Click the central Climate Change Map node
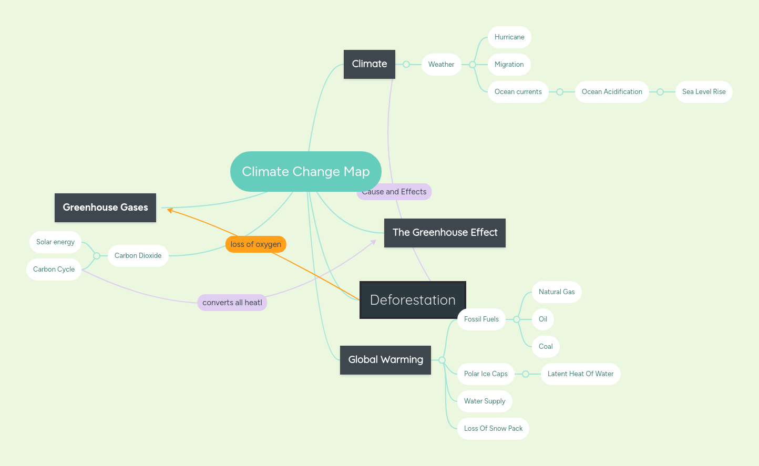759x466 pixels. point(305,172)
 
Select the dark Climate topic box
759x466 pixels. point(369,64)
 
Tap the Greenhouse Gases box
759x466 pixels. point(105,208)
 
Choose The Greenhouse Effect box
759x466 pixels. point(445,233)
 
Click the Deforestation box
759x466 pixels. point(413,300)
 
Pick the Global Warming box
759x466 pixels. point(385,360)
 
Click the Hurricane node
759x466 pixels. point(509,37)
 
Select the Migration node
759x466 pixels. point(509,65)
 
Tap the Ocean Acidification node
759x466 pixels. point(612,92)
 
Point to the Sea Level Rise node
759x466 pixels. point(704,92)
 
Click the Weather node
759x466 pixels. point(441,65)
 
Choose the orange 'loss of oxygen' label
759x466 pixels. point(256,244)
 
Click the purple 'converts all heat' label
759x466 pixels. point(232,303)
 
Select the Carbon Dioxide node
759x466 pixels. point(138,256)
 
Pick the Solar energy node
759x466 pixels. point(55,242)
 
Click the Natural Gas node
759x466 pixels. point(557,292)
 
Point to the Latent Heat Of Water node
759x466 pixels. point(580,374)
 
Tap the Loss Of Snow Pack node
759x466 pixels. point(493,429)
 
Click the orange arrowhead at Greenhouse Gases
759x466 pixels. point(170,210)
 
